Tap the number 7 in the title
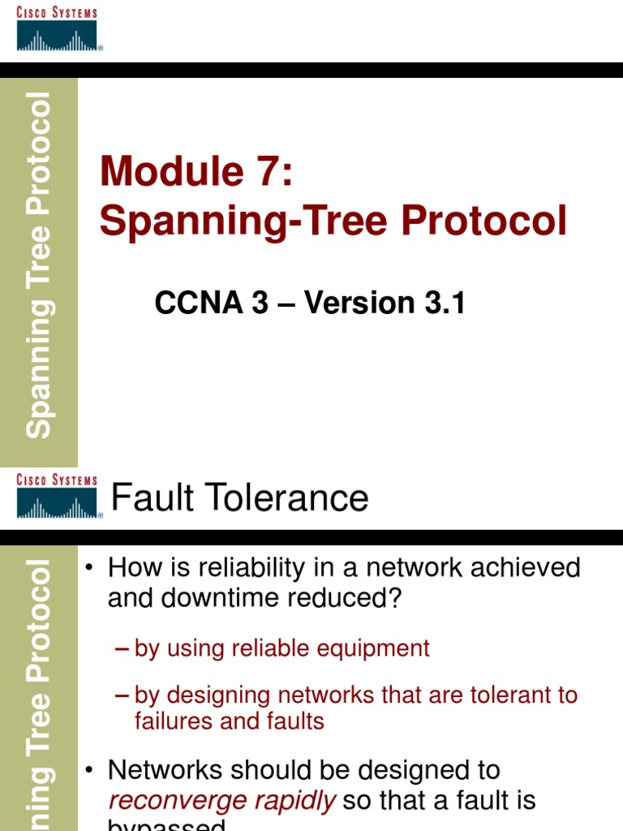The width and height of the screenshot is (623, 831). pos(268,172)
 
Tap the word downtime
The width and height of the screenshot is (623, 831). pos(207,598)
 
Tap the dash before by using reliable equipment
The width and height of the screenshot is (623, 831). pos(122,649)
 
